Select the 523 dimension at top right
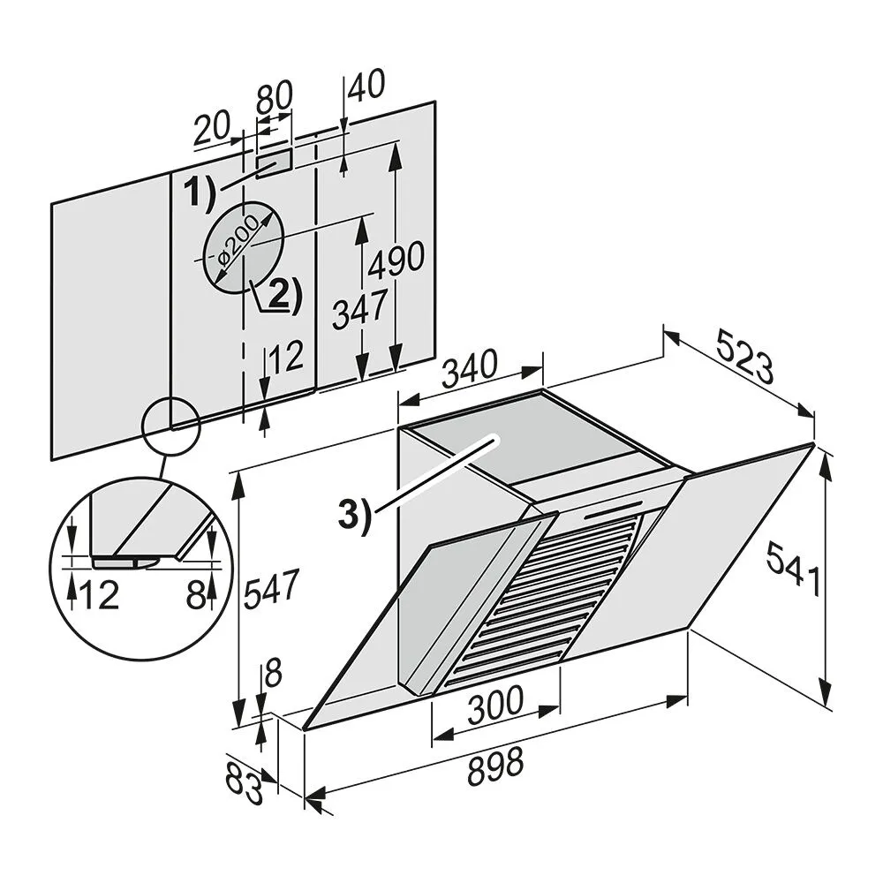[x=743, y=356]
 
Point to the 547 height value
[x=270, y=586]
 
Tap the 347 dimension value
[x=359, y=310]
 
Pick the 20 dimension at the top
[x=211, y=130]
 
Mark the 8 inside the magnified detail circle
[x=196, y=595]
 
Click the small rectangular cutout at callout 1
[x=274, y=162]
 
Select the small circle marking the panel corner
[x=170, y=426]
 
